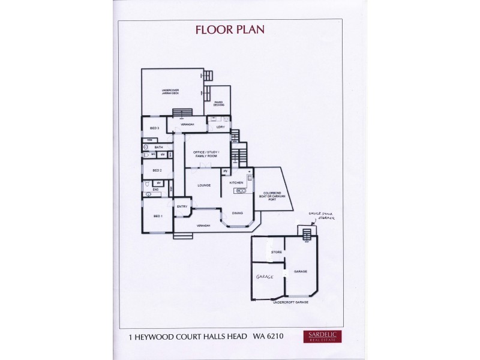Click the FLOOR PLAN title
tap(230, 29)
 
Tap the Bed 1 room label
tap(157, 215)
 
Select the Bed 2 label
tap(157, 170)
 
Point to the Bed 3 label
tap(154, 128)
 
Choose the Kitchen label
tap(236, 182)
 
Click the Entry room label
tap(182, 206)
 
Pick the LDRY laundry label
tap(220, 127)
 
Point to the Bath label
tap(159, 147)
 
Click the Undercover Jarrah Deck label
tap(170, 92)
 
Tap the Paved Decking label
tap(218, 104)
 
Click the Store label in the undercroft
tap(277, 253)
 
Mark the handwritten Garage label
tap(265, 277)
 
